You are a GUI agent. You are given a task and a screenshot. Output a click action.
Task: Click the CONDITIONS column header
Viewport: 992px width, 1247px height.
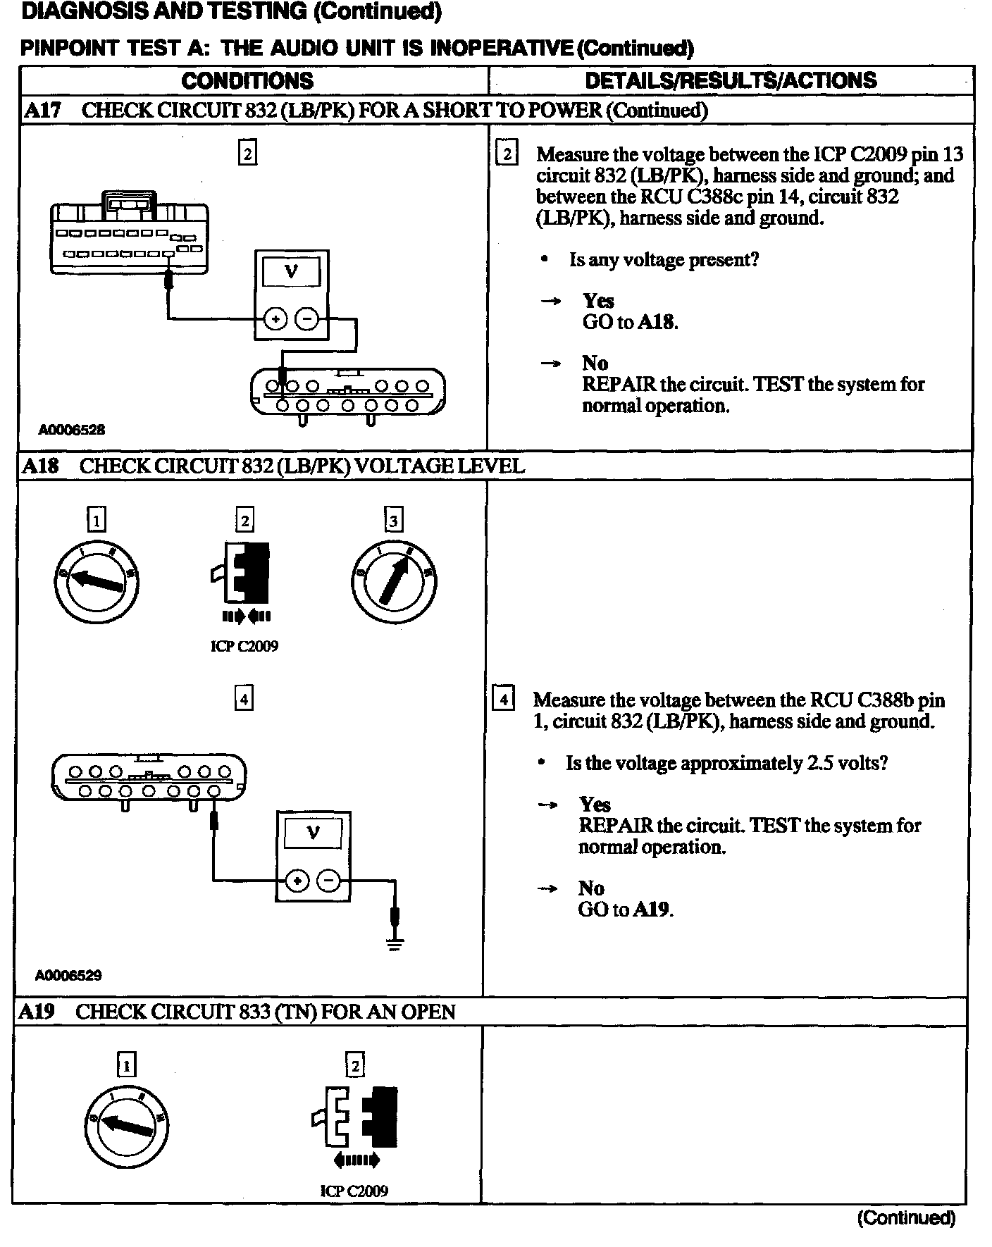[247, 80]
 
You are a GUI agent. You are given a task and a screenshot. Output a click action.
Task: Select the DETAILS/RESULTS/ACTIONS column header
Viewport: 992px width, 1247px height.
[731, 80]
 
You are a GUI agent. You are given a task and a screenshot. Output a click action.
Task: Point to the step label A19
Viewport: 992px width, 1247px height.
[36, 1012]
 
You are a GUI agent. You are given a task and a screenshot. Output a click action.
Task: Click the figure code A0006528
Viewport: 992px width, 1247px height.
[72, 430]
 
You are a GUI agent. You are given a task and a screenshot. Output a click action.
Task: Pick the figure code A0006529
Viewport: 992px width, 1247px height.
[68, 975]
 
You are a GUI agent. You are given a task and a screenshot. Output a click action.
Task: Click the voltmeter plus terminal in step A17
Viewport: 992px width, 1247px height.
[275, 319]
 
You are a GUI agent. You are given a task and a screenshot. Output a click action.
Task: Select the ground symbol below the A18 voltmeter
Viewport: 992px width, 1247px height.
[395, 944]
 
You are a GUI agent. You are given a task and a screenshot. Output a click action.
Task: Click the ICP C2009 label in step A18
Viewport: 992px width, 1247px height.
[244, 646]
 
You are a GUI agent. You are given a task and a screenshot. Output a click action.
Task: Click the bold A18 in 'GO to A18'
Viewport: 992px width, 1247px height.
[657, 322]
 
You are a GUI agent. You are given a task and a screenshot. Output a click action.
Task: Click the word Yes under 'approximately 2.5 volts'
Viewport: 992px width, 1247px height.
[595, 805]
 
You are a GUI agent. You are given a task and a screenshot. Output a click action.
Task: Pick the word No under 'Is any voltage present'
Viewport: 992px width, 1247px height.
[595, 363]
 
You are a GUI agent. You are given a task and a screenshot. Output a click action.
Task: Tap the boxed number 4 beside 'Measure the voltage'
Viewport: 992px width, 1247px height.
[503, 700]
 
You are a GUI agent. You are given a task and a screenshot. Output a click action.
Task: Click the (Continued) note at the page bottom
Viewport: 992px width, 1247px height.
[906, 1217]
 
